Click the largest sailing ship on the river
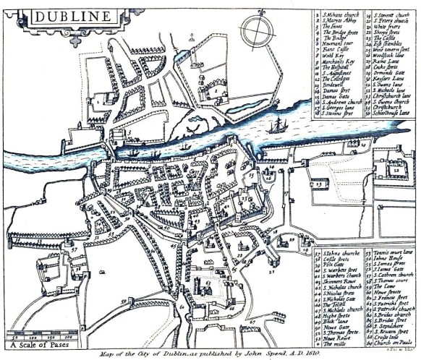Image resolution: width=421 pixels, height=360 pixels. click(x=277, y=128)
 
